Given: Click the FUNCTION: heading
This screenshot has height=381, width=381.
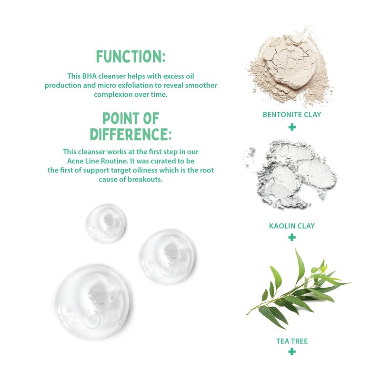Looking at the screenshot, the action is pyautogui.click(x=130, y=57).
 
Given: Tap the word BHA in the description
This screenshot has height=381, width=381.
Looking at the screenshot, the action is pyautogui.click(x=90, y=76).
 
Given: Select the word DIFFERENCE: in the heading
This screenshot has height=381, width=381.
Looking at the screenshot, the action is pyautogui.click(x=130, y=134).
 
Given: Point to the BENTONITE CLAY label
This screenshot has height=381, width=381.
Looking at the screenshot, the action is pyautogui.click(x=292, y=114).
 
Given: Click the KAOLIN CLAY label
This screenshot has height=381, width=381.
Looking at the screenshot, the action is pyautogui.click(x=292, y=226).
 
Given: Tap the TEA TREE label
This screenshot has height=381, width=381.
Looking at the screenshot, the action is pyautogui.click(x=292, y=341).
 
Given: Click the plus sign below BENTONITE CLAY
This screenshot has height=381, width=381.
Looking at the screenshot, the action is pyautogui.click(x=292, y=127).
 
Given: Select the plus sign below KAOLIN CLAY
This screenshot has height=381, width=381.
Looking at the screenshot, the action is pyautogui.click(x=292, y=237).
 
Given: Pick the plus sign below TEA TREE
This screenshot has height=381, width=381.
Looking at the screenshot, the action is pyautogui.click(x=292, y=351).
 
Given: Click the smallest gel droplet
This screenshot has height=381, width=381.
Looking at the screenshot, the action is pyautogui.click(x=106, y=223).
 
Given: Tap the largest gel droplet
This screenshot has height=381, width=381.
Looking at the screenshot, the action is pyautogui.click(x=93, y=302).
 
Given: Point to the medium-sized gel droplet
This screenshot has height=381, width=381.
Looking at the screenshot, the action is pyautogui.click(x=168, y=257).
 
